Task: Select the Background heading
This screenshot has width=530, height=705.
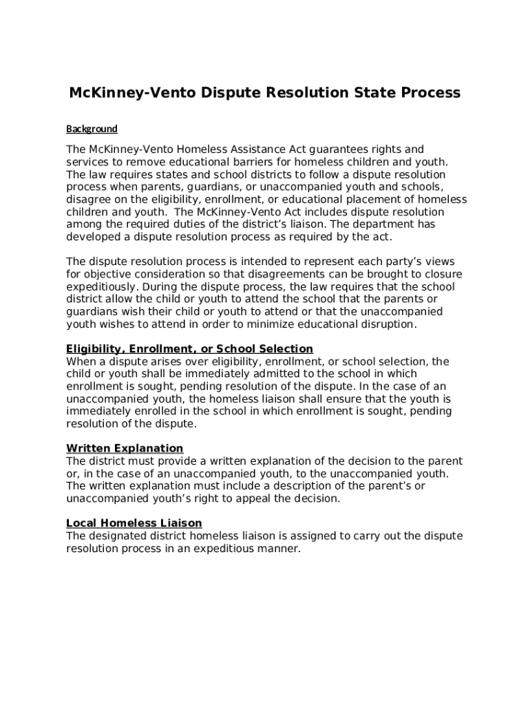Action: click(92, 129)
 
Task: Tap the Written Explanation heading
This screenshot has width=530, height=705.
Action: click(125, 449)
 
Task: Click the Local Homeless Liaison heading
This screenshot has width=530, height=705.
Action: click(134, 523)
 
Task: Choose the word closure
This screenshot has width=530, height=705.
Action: click(441, 274)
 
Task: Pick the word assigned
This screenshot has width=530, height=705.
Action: click(315, 536)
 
